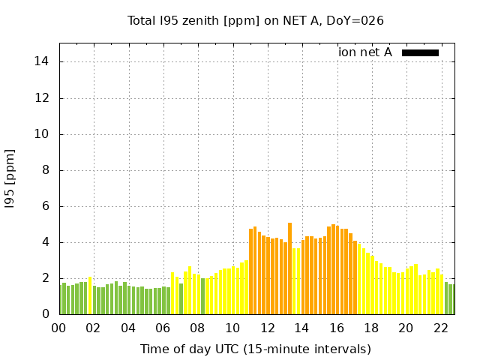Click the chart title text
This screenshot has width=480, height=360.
tap(256, 20)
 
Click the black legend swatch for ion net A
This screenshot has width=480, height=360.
tap(420, 52)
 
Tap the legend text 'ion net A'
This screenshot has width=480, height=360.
tap(365, 52)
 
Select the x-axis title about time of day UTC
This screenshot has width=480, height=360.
tap(256, 349)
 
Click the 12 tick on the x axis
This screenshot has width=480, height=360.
tap(267, 328)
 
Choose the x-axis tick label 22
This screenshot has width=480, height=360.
tap(441, 328)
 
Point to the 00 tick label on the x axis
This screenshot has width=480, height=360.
tap(59, 328)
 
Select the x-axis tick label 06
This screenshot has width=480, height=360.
tap(163, 328)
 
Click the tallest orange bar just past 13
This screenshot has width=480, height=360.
tap(289, 268)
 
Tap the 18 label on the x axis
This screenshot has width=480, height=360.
tap(371, 328)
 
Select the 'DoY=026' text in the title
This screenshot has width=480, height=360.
tap(358, 20)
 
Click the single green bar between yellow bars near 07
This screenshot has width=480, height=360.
tap(181, 298)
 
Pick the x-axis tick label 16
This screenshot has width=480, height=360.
tap(337, 328)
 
